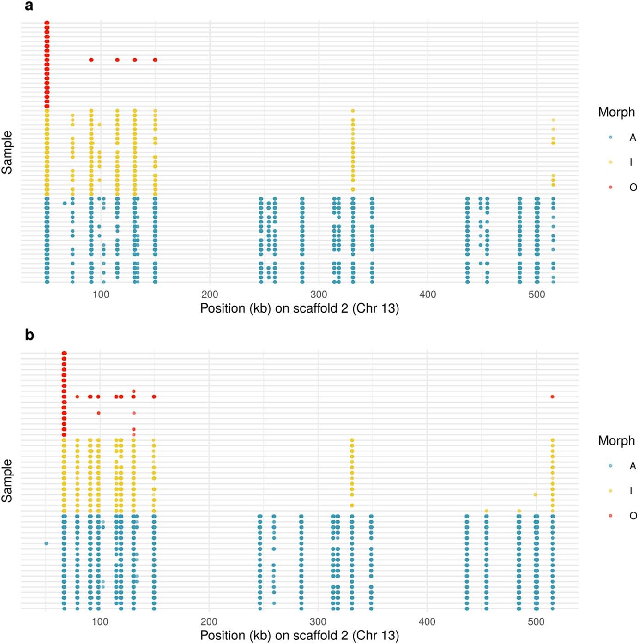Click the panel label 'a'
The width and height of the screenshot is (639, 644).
[x=29, y=6]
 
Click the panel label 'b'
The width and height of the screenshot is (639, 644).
[x=30, y=335]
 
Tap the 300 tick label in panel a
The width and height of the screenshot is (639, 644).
[x=319, y=295]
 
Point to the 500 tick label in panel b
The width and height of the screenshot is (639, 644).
[x=536, y=621]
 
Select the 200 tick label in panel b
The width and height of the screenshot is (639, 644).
[x=209, y=621]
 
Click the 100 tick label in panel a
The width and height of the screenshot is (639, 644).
[x=101, y=295]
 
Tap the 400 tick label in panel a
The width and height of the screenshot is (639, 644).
[x=428, y=295]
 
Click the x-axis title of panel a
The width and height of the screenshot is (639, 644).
[x=299, y=308]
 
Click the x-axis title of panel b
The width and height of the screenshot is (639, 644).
[x=299, y=635]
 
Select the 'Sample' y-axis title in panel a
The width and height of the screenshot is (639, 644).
[x=7, y=152]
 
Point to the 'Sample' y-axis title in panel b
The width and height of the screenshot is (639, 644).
[x=7, y=481]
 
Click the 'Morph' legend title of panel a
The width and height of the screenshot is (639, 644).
[x=616, y=112]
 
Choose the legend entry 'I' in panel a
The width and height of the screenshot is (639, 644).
[x=631, y=162]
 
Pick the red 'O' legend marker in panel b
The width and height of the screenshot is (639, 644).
[x=610, y=515]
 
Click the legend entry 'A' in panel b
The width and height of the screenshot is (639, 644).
[x=633, y=466]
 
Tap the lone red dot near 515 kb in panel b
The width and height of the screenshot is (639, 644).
[x=552, y=397]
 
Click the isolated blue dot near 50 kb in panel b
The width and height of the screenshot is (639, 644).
[x=46, y=543]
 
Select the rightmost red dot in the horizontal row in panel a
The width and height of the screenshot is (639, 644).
[x=155, y=60]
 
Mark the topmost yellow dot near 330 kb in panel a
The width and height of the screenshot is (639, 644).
[x=353, y=111]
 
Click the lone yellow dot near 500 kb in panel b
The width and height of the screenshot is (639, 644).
[x=535, y=494]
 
